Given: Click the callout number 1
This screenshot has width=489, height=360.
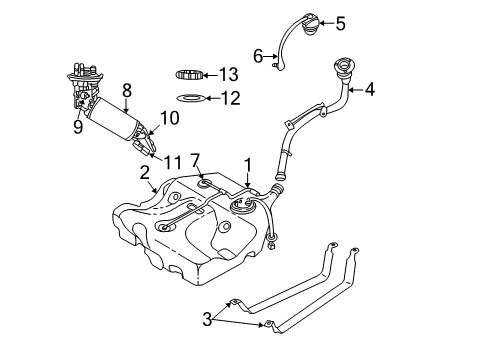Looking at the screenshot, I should coord(246,162).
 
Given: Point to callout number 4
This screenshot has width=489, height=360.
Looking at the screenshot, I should coord(369,89).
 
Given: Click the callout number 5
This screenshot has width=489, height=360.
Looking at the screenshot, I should coord(340,22).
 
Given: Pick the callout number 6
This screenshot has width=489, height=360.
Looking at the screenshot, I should coord(257,55).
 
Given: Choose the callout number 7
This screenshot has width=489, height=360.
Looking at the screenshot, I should coord(196,160).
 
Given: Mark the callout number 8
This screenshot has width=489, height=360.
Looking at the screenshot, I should coord(126,89).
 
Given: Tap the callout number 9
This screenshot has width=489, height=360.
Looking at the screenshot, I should coord(78,127).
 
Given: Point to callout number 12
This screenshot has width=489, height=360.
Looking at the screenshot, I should coord(231,98).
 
